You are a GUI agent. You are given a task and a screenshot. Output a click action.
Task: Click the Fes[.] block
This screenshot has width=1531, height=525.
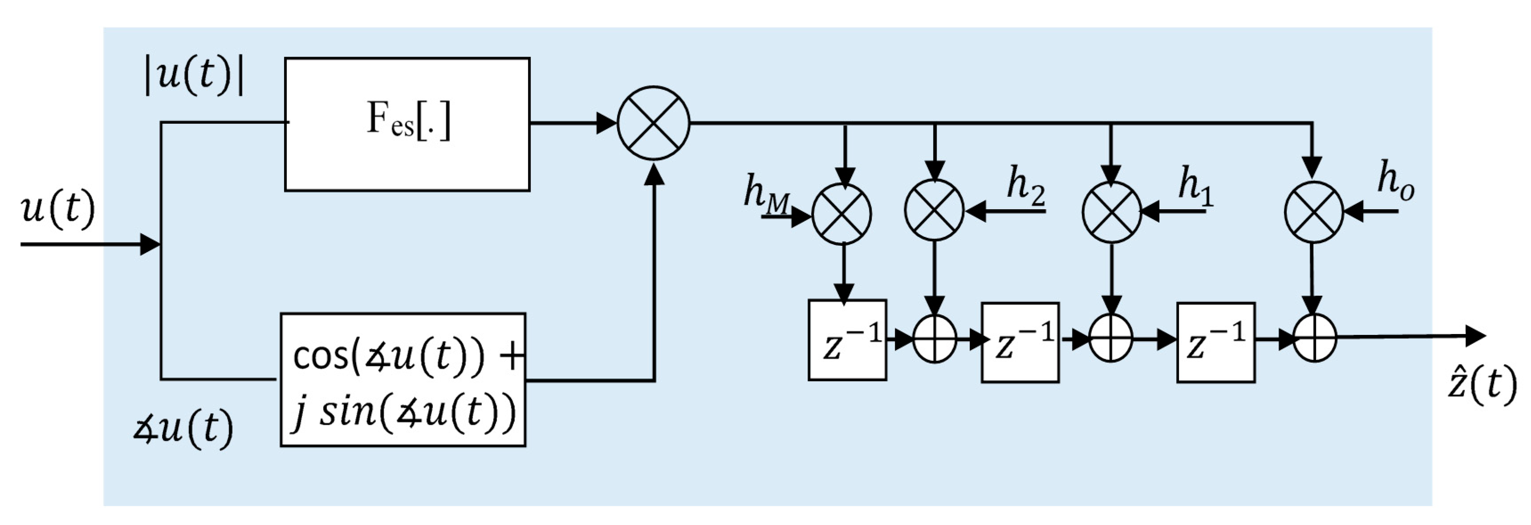point(407,124)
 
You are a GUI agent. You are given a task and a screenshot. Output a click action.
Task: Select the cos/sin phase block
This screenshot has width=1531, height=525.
point(403,379)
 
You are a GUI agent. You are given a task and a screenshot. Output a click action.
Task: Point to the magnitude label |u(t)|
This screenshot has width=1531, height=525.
point(195,76)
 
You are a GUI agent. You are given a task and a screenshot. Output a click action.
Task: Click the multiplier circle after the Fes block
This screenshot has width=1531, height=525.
point(653,123)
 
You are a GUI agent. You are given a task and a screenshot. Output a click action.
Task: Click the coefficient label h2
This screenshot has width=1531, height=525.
point(1025,185)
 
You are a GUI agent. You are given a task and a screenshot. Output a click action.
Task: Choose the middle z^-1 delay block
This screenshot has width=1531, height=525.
point(1019,342)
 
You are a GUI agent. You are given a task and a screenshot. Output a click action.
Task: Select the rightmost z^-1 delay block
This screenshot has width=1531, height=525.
point(1215,342)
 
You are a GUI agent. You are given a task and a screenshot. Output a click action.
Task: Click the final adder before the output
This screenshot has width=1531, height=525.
point(1315,338)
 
